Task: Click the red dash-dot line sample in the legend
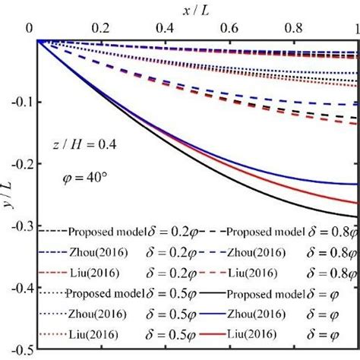coord(52,271)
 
